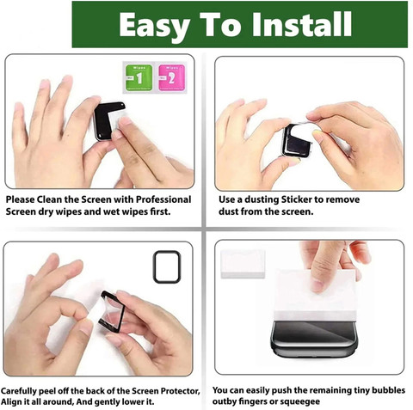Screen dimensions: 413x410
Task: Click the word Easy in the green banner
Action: point(155,26)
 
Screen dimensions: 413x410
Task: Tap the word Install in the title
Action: point(302,24)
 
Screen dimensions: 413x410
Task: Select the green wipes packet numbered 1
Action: point(139,77)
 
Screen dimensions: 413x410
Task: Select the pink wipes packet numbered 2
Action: point(171,77)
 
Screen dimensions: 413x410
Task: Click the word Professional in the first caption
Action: point(163,199)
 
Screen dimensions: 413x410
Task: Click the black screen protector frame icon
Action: point(167,267)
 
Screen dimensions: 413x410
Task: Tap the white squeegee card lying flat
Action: point(243,264)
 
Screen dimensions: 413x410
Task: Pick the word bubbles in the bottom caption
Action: point(387,390)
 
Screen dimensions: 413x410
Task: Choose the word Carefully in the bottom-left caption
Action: point(19,391)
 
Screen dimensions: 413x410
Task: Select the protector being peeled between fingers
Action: point(112,312)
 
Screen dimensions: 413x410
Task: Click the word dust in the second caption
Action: point(229,211)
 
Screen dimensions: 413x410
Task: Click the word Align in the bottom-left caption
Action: point(11,402)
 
